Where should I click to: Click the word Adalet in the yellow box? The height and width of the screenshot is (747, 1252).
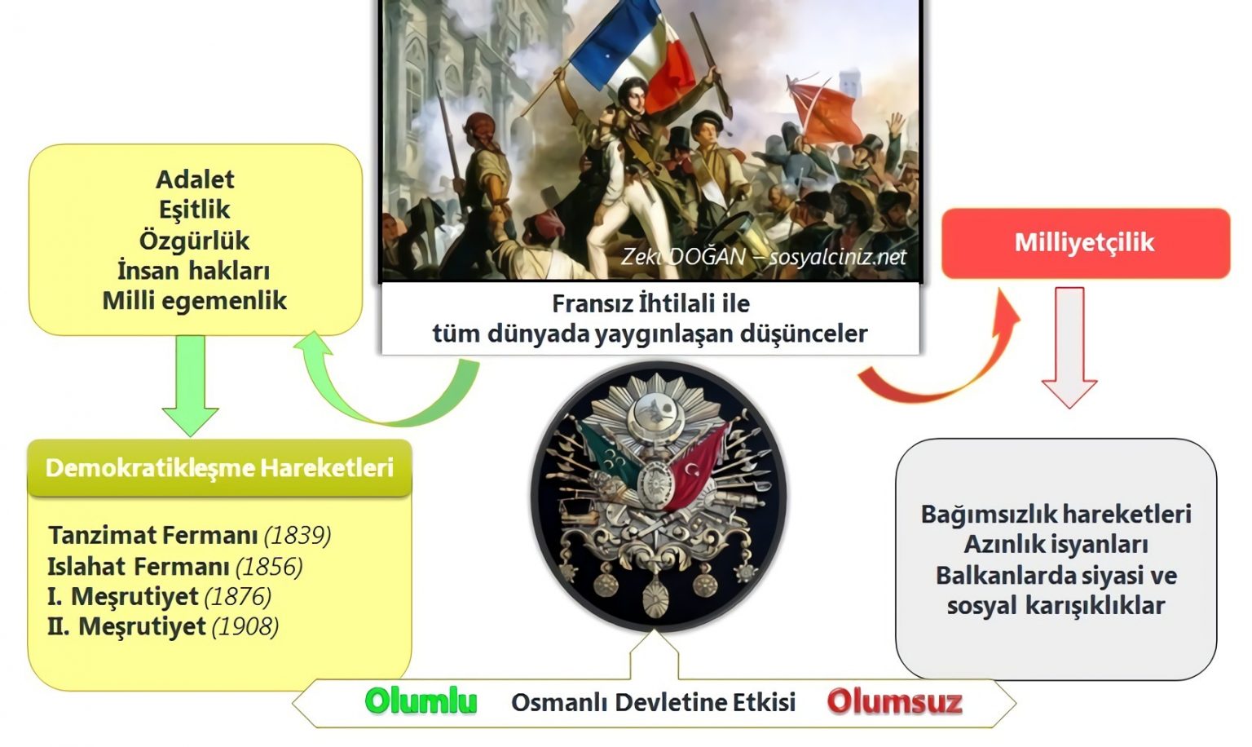click(195, 179)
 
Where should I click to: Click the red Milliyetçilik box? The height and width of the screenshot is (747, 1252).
click(1085, 243)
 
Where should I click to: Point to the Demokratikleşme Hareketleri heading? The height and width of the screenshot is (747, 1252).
click(219, 468)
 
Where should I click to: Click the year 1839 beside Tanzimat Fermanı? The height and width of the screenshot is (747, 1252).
click(298, 536)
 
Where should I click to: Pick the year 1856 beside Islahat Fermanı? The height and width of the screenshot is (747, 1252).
click(269, 567)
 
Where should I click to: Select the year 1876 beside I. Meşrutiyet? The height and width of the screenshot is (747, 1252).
click(237, 597)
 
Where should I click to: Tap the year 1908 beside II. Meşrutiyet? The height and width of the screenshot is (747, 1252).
click(245, 627)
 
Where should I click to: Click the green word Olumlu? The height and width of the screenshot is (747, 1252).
click(421, 701)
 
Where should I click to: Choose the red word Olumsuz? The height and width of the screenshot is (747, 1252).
click(894, 701)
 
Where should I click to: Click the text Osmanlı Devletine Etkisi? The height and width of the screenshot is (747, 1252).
click(653, 702)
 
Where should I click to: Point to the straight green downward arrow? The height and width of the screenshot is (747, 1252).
click(190, 383)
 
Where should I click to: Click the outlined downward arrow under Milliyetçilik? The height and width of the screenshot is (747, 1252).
click(1069, 347)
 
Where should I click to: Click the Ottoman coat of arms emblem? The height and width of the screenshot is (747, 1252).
click(659, 497)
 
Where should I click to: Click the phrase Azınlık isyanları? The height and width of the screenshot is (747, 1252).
click(1056, 545)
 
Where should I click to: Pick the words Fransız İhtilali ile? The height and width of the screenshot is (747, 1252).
click(650, 303)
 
